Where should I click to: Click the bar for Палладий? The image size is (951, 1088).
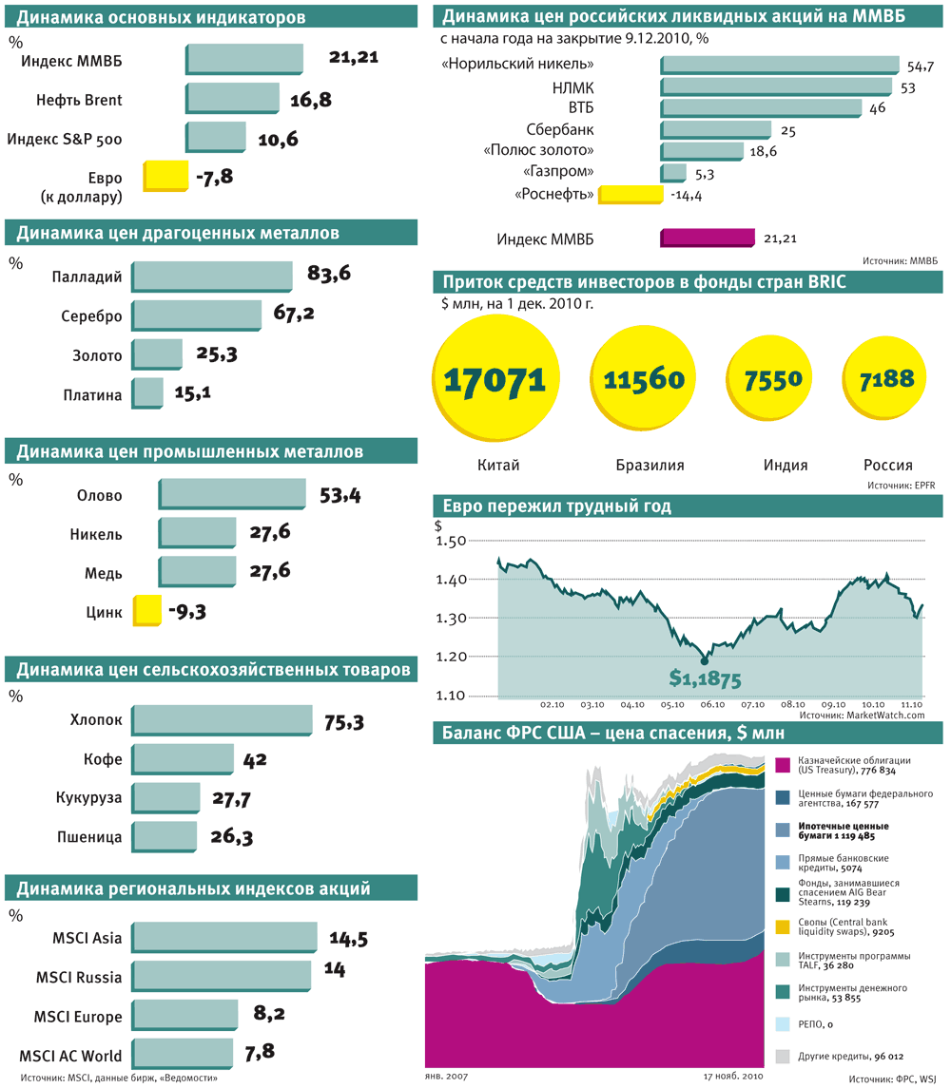tap(212, 276)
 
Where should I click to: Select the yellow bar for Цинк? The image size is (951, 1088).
tap(146, 611)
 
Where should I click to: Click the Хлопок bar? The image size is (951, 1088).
tap(223, 720)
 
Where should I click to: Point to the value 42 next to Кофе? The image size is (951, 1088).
tap(255, 759)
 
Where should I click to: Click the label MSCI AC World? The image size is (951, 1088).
tap(70, 1055)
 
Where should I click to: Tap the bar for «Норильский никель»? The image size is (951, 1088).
tap(780, 65)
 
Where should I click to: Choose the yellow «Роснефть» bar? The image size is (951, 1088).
tap(630, 194)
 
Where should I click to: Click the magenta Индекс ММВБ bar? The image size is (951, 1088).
tap(707, 239)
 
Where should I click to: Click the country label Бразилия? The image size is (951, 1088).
tap(650, 466)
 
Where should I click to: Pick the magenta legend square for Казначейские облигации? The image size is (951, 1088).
tap(783, 766)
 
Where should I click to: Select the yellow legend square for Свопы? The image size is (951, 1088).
tap(783, 926)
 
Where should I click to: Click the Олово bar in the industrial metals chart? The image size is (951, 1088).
tap(232, 494)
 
